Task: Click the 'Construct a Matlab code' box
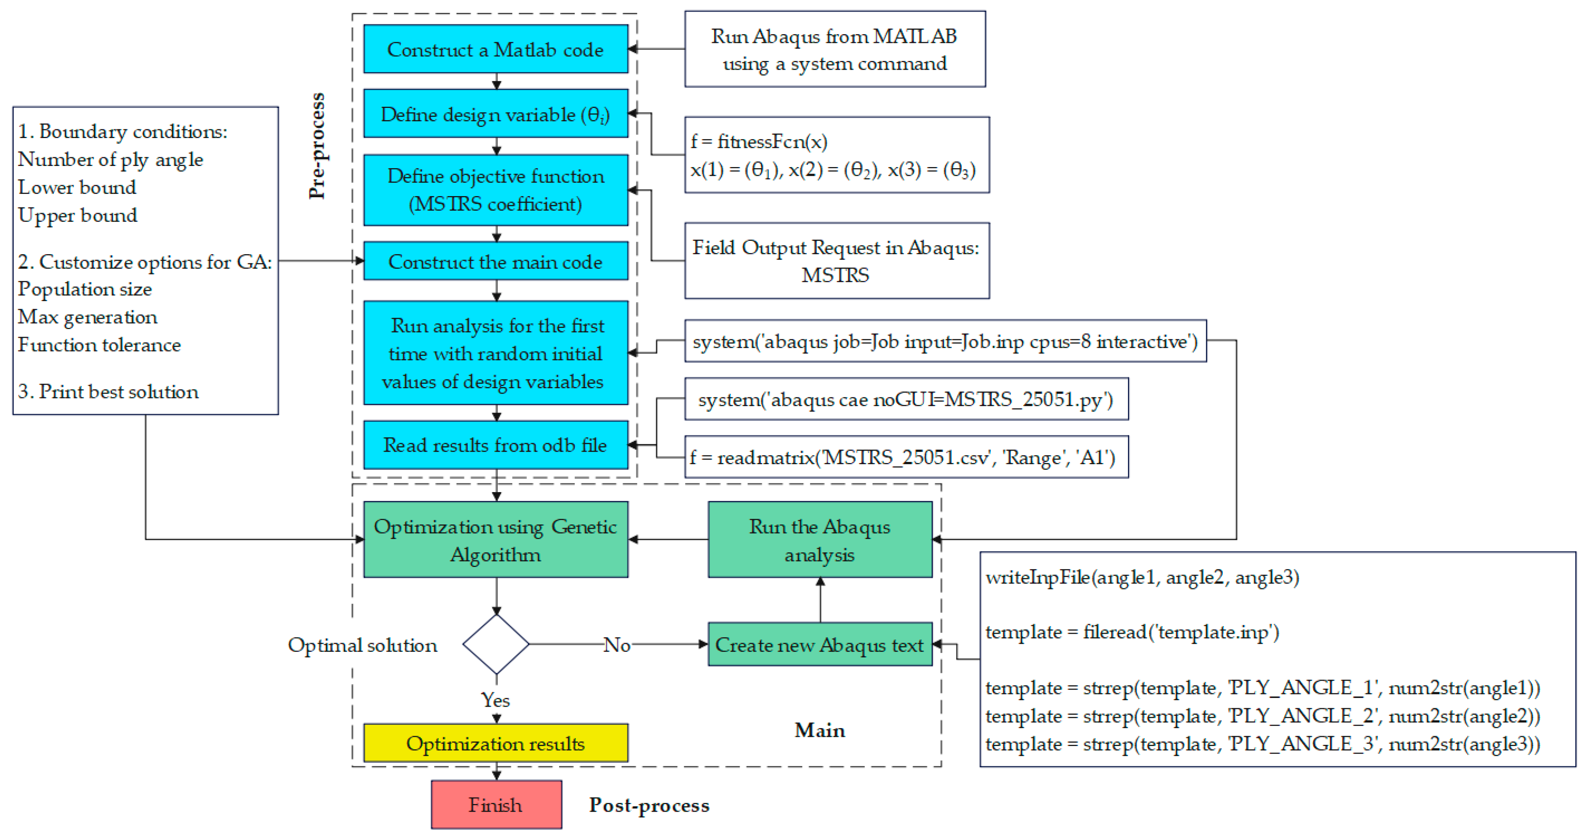(x=495, y=49)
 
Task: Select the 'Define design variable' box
(x=495, y=114)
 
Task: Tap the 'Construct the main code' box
(x=495, y=261)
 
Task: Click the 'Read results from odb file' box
(x=495, y=445)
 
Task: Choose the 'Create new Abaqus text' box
(x=819, y=645)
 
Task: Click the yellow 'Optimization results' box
(x=495, y=743)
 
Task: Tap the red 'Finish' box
(x=495, y=805)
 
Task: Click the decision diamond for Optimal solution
(x=496, y=644)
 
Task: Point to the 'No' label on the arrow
(x=617, y=645)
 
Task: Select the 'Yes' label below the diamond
(x=495, y=700)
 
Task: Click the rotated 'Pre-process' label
(x=317, y=146)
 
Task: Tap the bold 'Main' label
(x=819, y=730)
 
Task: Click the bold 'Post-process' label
(x=649, y=805)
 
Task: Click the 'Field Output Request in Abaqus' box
(x=836, y=261)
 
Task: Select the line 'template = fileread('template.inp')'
(x=1132, y=632)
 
